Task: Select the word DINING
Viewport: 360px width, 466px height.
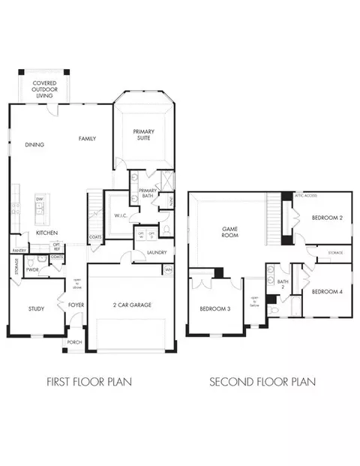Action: [x=34, y=145]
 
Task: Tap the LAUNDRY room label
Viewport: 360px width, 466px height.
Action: [x=156, y=253]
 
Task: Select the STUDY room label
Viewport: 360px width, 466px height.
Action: [x=36, y=308]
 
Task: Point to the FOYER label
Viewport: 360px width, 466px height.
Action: [x=76, y=305]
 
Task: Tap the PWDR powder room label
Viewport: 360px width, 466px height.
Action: [x=32, y=269]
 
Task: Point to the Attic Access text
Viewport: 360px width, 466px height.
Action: [x=305, y=195]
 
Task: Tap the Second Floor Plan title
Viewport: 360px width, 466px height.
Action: [x=262, y=381]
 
